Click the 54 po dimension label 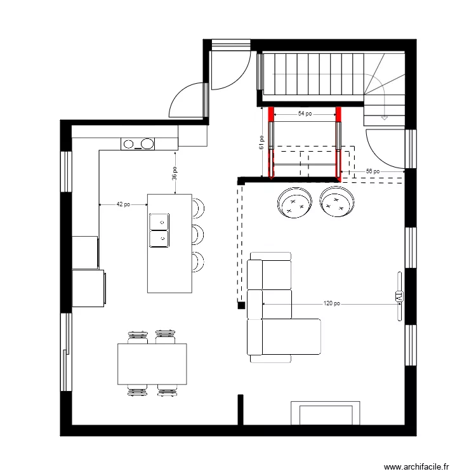coord(305,114)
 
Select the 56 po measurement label coord(373,171)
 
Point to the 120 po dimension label coord(331,304)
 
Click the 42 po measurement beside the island coord(123,204)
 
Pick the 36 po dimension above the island coord(175,173)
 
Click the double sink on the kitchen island coord(159,230)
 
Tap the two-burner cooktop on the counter coord(138,144)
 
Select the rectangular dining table coord(152,364)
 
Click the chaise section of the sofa coord(292,337)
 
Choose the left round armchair coord(294,203)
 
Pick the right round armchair coord(336,203)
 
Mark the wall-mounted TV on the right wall coord(399,296)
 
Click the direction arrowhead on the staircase coord(384,118)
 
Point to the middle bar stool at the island coord(198,234)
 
